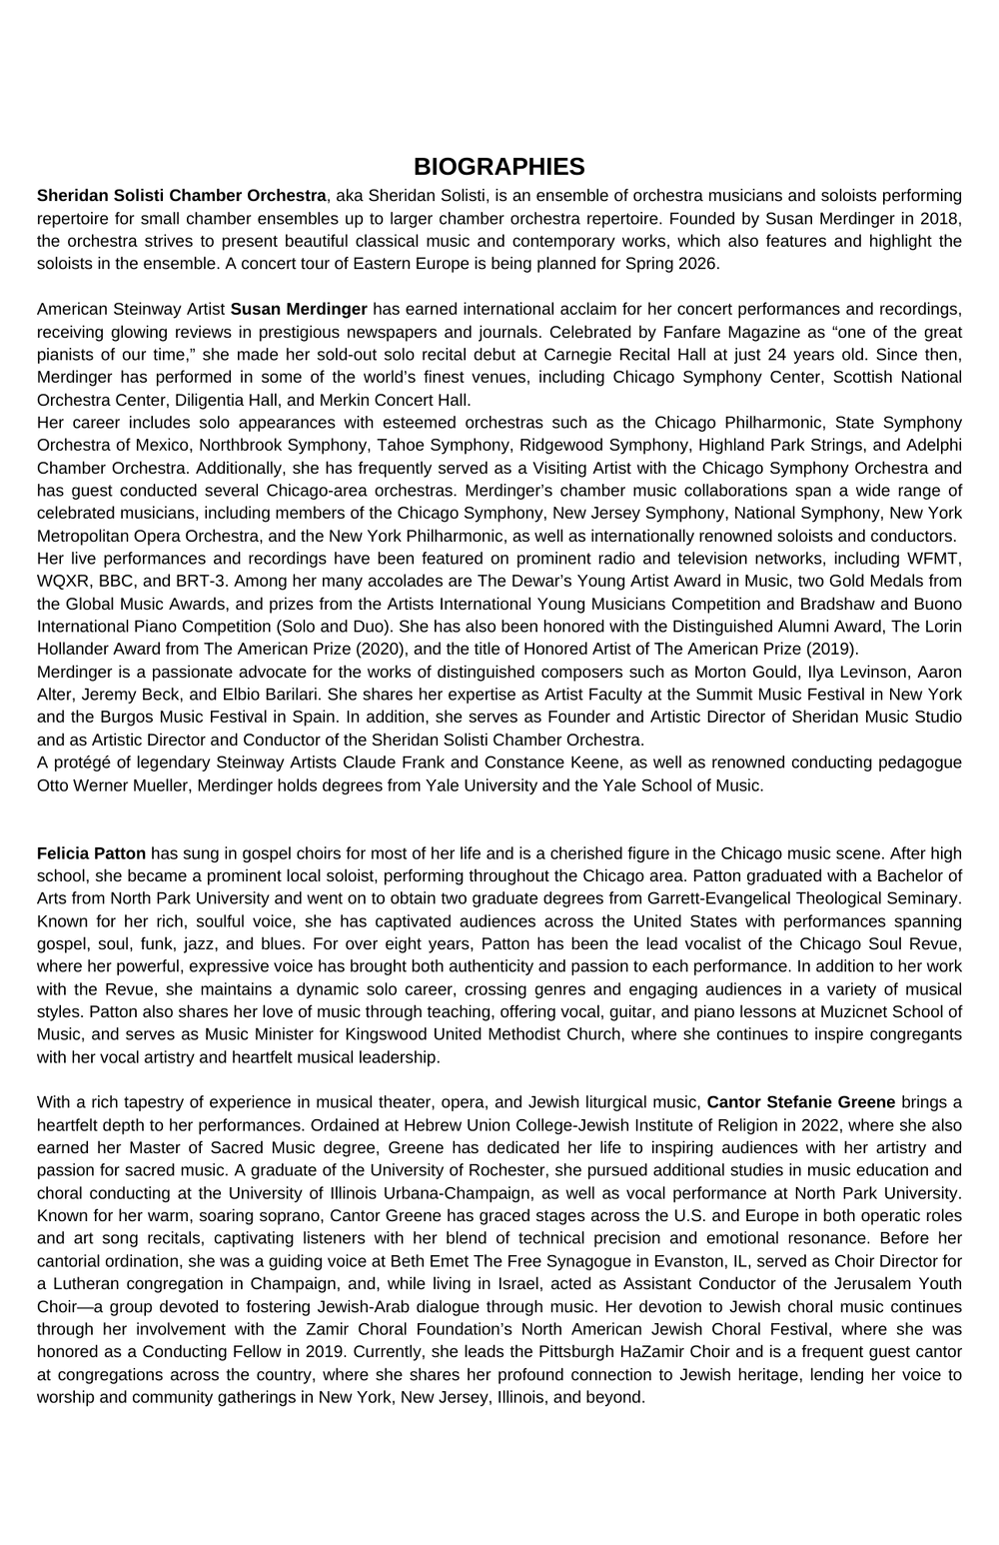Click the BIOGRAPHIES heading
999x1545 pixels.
click(x=499, y=166)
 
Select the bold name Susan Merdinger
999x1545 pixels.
click(x=299, y=309)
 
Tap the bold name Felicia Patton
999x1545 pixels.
click(x=91, y=853)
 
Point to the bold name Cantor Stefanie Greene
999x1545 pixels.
click(x=800, y=1102)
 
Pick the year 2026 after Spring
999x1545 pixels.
click(x=699, y=264)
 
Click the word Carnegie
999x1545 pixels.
click(x=574, y=355)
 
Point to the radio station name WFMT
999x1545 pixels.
click(x=935, y=558)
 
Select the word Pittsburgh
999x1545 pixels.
click(x=556, y=1352)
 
